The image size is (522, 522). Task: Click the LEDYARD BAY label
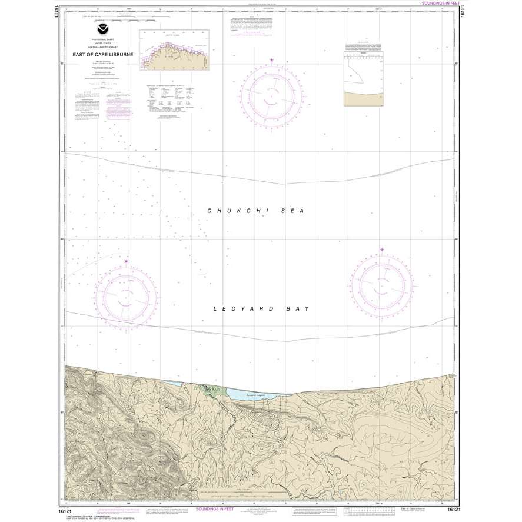point(261,308)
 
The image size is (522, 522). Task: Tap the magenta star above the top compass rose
point(271,60)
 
